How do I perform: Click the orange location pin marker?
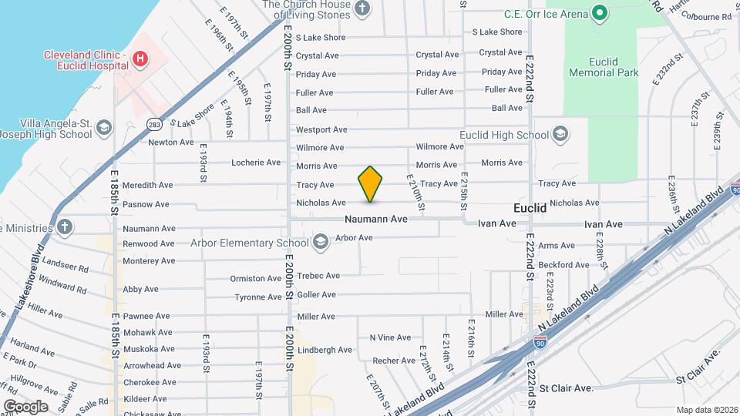[x=370, y=183]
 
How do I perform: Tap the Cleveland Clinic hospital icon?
[x=140, y=59]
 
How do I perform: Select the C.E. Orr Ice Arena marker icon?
[x=599, y=13]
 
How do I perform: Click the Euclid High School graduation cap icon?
[x=560, y=136]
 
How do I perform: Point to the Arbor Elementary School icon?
[x=319, y=243]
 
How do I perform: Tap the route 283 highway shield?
[x=153, y=124]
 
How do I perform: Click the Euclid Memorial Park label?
[x=604, y=65]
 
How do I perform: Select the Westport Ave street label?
[x=321, y=129]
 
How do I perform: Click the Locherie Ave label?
[x=256, y=163]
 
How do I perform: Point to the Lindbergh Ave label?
[x=325, y=350]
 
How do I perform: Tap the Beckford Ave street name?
[x=563, y=265]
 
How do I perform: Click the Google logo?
[x=25, y=406]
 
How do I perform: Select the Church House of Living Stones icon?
[x=363, y=9]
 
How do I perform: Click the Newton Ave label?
[x=171, y=142]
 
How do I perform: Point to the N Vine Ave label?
[x=390, y=337]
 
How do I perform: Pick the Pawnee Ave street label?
[x=146, y=316]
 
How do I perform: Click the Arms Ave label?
[x=557, y=246]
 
